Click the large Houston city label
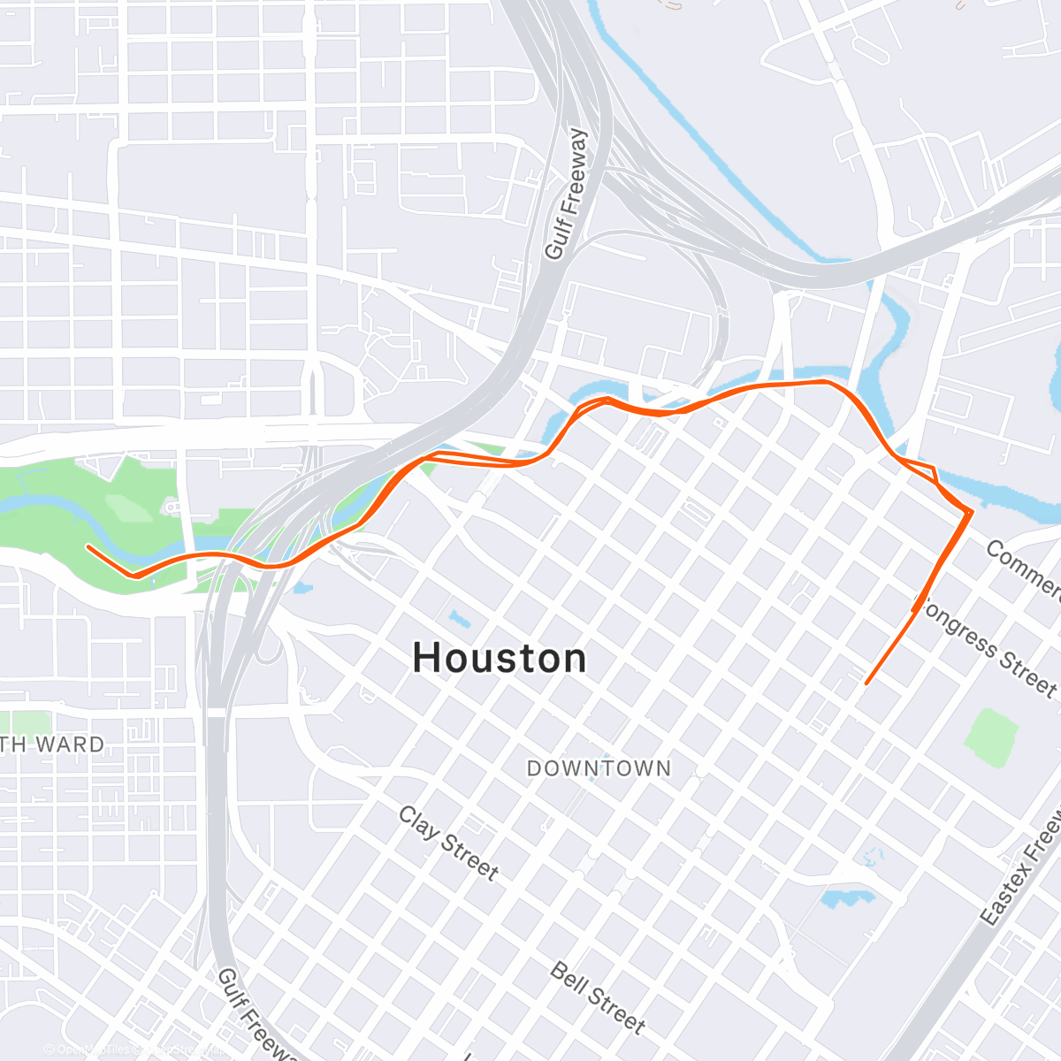pos(500,659)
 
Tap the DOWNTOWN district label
pos(599,768)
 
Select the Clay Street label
pos(448,843)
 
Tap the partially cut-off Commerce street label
pos(1023,570)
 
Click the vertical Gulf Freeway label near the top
pos(566,195)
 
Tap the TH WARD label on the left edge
pos(53,744)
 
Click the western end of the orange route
pos(88,546)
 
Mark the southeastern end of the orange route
pos(866,683)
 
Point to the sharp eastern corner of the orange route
pos(971,511)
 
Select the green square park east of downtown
pos(991,737)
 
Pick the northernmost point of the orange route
pos(822,381)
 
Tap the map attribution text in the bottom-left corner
pos(133,1050)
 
